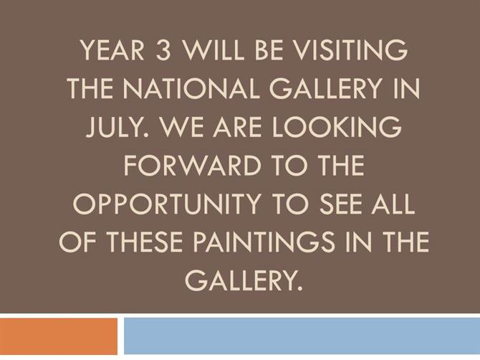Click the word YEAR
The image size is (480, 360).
point(112,50)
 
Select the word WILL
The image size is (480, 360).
point(213,50)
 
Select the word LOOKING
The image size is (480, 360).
point(337,127)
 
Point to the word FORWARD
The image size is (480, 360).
point(192,166)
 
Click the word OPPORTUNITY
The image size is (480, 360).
point(167,204)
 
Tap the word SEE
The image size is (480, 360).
point(339,204)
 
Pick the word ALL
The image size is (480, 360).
point(393,204)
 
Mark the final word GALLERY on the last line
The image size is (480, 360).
point(244,280)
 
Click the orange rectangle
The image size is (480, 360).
point(59,336)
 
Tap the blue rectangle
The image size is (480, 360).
point(302,336)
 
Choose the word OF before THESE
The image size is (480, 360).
point(77,242)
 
